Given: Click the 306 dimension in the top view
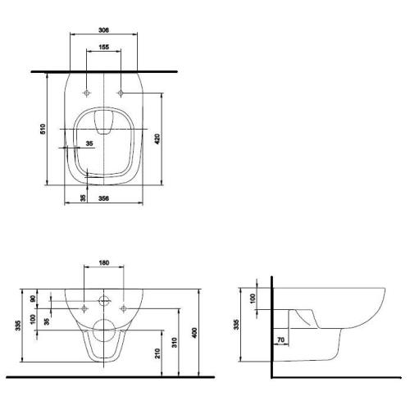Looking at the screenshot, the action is click(103, 30).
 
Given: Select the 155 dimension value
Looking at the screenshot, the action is click(103, 47).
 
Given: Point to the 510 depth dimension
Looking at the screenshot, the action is click(43, 129).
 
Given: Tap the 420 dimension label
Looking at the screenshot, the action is click(157, 139).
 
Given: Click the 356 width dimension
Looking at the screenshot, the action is click(103, 198).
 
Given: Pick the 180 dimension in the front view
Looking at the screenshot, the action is click(104, 262).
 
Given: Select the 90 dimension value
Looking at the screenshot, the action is click(33, 298).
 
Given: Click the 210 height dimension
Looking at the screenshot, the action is click(157, 353).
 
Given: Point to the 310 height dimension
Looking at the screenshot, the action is click(175, 343).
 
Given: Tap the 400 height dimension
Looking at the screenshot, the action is click(194, 333).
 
